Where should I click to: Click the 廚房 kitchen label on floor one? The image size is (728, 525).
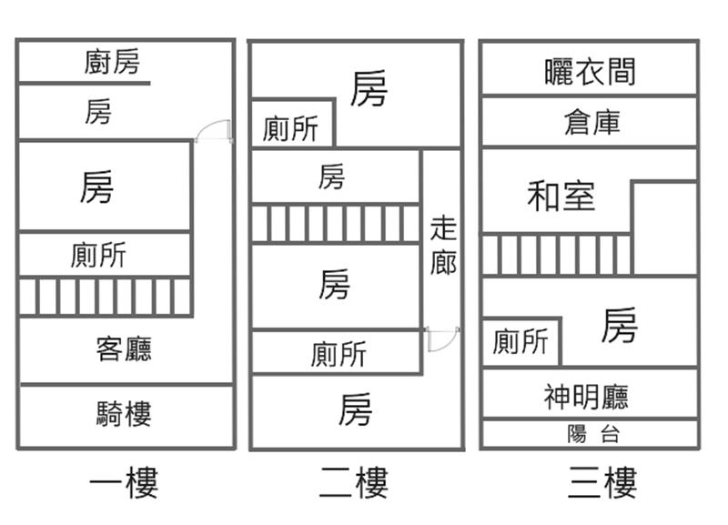(x=112, y=63)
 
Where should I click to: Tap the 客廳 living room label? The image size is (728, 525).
(x=123, y=348)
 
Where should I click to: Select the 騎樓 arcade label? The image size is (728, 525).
(x=123, y=415)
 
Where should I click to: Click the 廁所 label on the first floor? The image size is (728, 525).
(x=98, y=255)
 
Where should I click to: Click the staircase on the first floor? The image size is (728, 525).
(x=105, y=297)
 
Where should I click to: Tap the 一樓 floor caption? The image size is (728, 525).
(x=124, y=483)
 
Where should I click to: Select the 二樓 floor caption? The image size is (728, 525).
(x=354, y=483)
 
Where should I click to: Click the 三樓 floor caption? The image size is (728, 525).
(x=602, y=483)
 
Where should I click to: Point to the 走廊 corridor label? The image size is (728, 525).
(x=443, y=246)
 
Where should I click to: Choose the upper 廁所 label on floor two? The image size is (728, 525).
(x=290, y=129)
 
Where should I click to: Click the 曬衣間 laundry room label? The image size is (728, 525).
(x=590, y=71)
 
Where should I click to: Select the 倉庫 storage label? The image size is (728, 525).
(x=592, y=122)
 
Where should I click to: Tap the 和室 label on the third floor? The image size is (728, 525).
(x=561, y=197)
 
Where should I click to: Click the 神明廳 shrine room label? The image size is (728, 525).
(x=586, y=397)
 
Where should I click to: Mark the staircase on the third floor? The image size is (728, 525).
(x=556, y=255)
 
